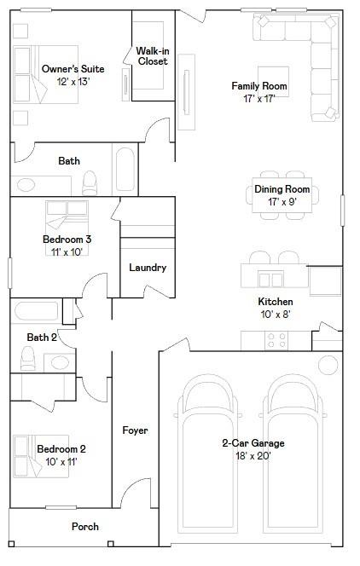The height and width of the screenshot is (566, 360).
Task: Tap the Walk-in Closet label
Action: (x=152, y=56)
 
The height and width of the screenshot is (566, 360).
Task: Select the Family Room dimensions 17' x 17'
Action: (x=259, y=99)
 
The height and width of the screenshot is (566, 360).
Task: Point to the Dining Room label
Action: (x=282, y=189)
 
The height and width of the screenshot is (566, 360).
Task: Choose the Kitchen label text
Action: (x=276, y=302)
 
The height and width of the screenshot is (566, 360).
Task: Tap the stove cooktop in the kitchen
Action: (x=276, y=340)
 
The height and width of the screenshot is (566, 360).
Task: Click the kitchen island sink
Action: (x=271, y=278)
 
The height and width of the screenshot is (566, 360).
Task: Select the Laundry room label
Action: (x=148, y=268)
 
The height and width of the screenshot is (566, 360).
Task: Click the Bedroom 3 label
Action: (x=67, y=240)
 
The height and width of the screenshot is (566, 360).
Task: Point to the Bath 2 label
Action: (x=42, y=338)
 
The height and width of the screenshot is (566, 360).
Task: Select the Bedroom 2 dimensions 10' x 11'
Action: (x=61, y=461)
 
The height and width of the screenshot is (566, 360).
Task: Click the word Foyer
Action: (x=135, y=430)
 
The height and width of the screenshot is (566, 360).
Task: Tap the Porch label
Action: (x=84, y=527)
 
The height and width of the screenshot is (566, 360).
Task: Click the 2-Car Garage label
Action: (x=253, y=443)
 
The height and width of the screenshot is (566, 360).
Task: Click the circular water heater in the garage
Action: (x=328, y=365)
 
